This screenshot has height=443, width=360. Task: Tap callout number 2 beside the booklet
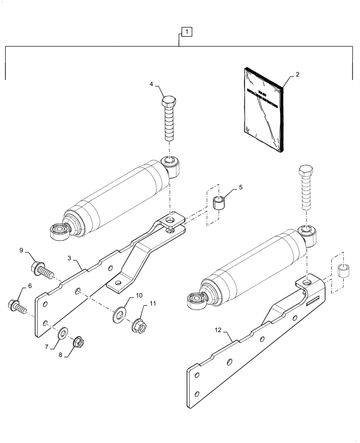coord(297,74)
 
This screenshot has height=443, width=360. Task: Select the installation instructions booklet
coord(262,109)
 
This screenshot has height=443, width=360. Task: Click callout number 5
coord(240,187)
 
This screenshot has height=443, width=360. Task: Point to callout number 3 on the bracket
coord(70,257)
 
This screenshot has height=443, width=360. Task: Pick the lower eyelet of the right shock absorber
coord(196,301)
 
